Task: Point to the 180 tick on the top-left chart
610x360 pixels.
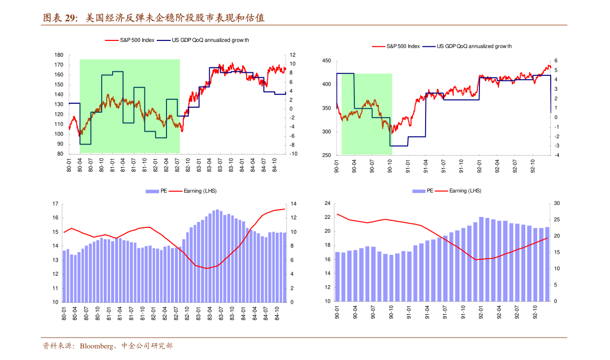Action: click(59, 55)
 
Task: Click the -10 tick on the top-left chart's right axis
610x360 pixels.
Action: click(293, 154)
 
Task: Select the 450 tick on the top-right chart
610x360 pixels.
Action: click(326, 61)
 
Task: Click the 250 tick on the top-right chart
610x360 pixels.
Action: click(326, 156)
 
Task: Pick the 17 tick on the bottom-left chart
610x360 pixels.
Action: click(55, 204)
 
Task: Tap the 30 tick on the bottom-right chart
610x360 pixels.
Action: click(557, 203)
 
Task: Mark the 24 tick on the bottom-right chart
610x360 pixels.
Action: click(327, 203)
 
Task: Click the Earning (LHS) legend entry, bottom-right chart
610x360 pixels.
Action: click(465, 191)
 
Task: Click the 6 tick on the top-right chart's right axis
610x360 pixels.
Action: click(556, 61)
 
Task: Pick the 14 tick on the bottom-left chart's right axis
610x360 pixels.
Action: click(294, 204)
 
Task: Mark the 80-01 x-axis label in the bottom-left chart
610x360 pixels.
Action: click(64, 315)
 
